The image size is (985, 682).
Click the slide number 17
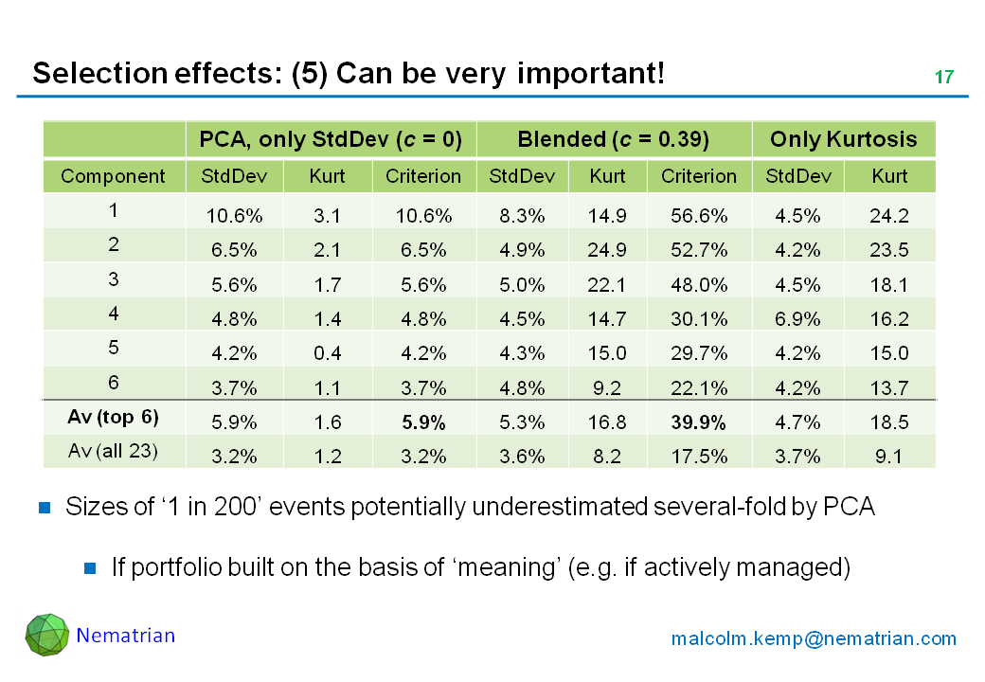pyautogui.click(x=944, y=77)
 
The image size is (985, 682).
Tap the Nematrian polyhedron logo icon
pyautogui.click(x=46, y=635)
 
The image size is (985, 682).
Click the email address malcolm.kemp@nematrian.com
pyautogui.click(x=814, y=638)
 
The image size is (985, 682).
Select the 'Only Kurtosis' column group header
pyautogui.click(x=843, y=140)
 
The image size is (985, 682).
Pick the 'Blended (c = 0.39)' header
pyautogui.click(x=613, y=140)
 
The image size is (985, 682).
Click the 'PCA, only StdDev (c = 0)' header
pyautogui.click(x=331, y=140)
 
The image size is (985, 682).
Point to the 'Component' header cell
pyautogui.click(x=113, y=176)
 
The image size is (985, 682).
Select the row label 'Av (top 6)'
pyautogui.click(x=113, y=418)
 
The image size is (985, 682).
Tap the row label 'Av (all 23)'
pyautogui.click(x=113, y=452)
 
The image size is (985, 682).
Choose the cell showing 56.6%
pyautogui.click(x=698, y=216)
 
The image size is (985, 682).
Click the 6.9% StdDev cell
pyautogui.click(x=797, y=319)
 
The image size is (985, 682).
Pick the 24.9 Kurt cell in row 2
pyautogui.click(x=607, y=250)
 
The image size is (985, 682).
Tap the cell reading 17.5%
pyautogui.click(x=698, y=455)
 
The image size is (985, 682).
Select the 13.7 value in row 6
pyautogui.click(x=888, y=387)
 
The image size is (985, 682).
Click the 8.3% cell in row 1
pyautogui.click(x=522, y=216)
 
